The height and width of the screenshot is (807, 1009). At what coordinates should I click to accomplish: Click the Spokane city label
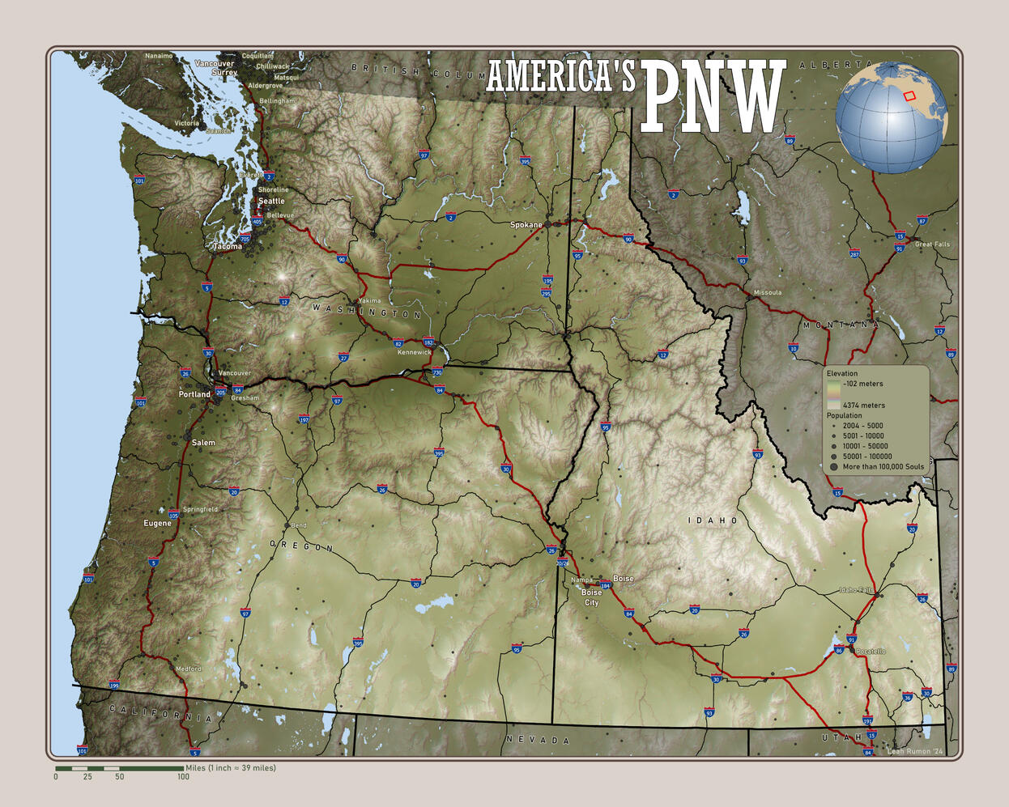tap(526, 225)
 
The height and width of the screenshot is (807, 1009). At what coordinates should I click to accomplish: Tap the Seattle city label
tap(271, 201)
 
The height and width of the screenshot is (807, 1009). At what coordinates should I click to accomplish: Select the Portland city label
tap(194, 394)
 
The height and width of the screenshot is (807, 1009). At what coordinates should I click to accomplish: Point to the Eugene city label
tap(158, 523)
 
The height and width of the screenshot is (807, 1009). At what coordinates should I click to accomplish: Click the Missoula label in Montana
tap(767, 292)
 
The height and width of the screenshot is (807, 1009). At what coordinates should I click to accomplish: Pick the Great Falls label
tap(932, 244)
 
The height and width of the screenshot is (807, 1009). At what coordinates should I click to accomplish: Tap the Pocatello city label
tap(871, 652)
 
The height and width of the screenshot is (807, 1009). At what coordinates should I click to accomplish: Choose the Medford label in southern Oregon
tap(189, 669)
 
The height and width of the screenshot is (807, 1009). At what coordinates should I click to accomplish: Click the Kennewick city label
tap(414, 352)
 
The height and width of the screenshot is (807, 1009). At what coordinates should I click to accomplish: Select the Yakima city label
tap(369, 300)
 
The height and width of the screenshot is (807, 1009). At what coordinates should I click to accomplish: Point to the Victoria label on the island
tap(186, 123)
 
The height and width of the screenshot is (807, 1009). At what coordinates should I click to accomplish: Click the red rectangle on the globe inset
tap(909, 96)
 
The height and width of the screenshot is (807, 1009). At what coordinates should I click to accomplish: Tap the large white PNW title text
tap(713, 98)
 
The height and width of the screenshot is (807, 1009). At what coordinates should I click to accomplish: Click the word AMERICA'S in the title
tap(560, 77)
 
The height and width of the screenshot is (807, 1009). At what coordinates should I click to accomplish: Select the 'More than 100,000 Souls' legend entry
tap(883, 467)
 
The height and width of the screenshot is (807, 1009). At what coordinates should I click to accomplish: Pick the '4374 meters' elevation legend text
tap(863, 405)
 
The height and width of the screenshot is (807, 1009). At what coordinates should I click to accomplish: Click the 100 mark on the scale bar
tap(183, 777)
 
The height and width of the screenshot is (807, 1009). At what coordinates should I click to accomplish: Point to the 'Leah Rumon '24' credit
tap(915, 751)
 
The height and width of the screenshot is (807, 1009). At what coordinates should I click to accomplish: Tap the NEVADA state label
tap(538, 740)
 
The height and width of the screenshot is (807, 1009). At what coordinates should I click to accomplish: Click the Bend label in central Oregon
tap(299, 525)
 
